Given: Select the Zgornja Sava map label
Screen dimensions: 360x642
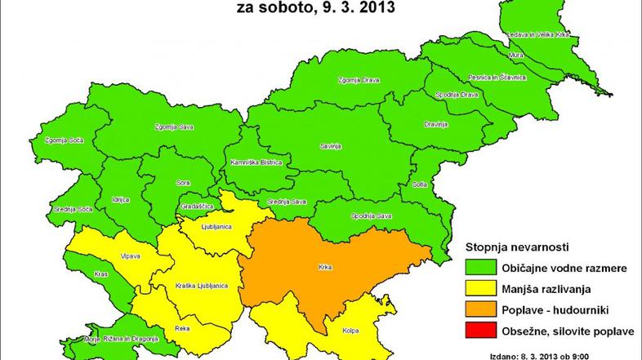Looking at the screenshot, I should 171,127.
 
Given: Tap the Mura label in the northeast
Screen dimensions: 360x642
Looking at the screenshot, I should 539,56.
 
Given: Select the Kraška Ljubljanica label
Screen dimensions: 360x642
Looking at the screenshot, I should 200,286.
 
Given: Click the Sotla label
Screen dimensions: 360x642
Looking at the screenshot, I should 421,184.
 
